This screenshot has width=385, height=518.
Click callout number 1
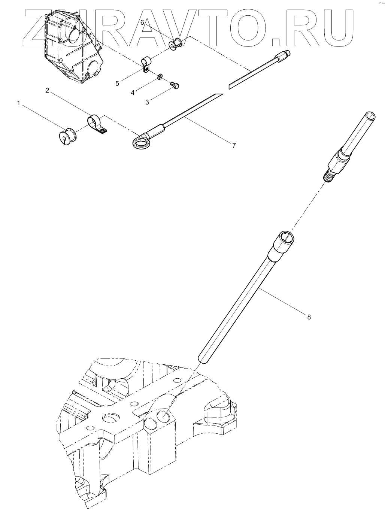tap(19, 103)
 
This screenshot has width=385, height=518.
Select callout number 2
tap(47, 91)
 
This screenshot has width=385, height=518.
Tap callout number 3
tap(147, 102)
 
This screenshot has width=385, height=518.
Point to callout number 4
tap(133, 93)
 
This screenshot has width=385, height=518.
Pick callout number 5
tap(117, 83)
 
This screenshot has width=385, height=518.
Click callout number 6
tap(142, 22)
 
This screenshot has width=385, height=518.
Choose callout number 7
tap(234, 145)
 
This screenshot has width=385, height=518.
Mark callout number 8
tap(309, 317)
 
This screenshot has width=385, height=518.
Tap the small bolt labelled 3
tap(175, 85)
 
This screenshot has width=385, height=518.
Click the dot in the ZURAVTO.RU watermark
tap(276, 42)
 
